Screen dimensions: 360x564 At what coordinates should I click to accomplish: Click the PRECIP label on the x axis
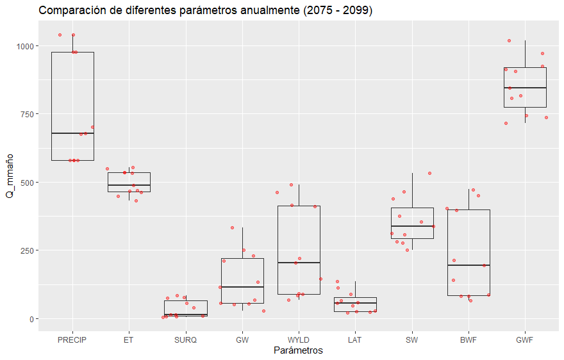coord(72,340)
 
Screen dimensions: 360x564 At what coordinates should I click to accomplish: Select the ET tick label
coord(129,340)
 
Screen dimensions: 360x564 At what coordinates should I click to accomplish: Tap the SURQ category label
coord(186,340)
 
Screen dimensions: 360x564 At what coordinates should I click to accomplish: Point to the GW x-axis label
coord(242,340)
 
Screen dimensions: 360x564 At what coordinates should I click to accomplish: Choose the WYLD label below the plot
coord(299,340)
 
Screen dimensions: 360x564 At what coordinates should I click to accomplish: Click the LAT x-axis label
coord(355,340)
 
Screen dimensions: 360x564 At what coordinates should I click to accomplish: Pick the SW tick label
coord(411,340)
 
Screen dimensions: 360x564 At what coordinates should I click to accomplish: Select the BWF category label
coord(469,340)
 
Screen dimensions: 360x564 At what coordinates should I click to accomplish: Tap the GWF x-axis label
coord(525,340)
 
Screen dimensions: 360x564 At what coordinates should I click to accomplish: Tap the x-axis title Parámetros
coord(298,350)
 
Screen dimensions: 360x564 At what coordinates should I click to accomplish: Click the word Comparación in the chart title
coord(70,11)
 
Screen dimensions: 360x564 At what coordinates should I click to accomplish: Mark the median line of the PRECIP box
coord(72,133)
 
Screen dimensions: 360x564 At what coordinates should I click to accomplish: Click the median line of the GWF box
coord(525,88)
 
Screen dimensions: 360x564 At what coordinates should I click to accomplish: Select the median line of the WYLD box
coord(299,263)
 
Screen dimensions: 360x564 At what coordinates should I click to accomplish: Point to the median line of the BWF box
coord(469,265)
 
